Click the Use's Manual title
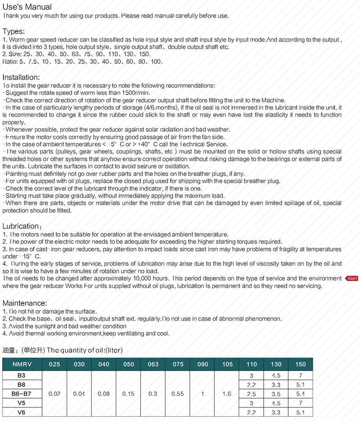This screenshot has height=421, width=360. (27, 7)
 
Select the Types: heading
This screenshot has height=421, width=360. (14, 31)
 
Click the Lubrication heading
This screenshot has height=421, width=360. (21, 226)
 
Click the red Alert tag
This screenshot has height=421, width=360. (352, 279)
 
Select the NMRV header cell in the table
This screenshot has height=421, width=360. (22, 364)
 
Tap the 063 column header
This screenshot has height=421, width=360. (153, 364)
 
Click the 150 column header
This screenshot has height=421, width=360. (300, 364)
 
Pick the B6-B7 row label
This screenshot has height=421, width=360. (22, 394)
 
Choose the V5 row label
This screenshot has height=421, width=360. (22, 403)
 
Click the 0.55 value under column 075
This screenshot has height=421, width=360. (177, 394)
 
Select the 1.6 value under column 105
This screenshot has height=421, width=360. (227, 394)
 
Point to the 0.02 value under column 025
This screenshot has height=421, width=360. (55, 394)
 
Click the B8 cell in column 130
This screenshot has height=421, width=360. (276, 385)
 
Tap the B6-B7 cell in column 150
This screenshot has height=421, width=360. (300, 394)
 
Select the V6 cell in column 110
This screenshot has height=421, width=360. (251, 412)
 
